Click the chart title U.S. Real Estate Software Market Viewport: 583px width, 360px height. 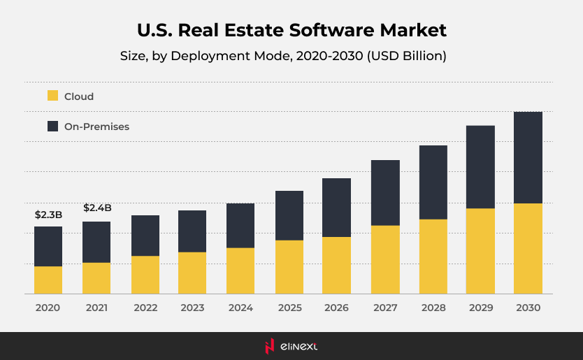coord(291,31)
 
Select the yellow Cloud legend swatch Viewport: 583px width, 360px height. coord(53,96)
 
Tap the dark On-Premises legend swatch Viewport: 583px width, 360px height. coord(53,127)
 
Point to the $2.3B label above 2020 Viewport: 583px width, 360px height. coord(48,215)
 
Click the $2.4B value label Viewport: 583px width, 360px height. coord(97,208)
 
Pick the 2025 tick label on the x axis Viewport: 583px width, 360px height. coord(289,308)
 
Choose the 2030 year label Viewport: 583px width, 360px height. coord(528,308)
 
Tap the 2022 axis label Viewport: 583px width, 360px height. coord(145,308)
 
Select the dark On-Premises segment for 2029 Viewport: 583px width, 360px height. coord(480,167)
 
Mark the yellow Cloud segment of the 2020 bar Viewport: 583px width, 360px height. coord(48,280)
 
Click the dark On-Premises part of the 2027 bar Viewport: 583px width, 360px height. coord(384,193)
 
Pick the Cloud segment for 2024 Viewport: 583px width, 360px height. coord(240,271)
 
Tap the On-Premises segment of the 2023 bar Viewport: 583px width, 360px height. coord(192,231)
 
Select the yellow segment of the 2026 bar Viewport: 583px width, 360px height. coord(336,265)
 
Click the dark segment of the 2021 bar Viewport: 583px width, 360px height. coord(96,242)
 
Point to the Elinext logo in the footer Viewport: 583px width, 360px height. coord(291,346)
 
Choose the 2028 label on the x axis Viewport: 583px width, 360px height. coord(433,308)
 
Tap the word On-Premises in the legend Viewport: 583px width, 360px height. coord(96,127)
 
